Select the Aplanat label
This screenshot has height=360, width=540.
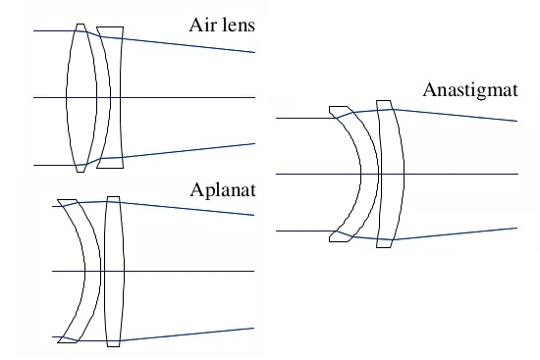point(223,190)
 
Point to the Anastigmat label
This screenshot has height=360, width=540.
point(470,91)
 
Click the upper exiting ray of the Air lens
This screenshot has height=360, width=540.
point(189,45)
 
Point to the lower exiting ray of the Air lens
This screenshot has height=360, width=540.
point(189,150)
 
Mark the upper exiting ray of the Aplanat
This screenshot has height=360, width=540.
point(187,209)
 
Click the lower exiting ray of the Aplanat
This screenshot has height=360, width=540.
point(187,334)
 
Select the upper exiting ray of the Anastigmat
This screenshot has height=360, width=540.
point(456,116)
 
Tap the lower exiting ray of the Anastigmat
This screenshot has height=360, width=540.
point(456,233)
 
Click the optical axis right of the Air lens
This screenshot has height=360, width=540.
point(188,98)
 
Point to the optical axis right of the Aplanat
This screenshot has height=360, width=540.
point(189,271)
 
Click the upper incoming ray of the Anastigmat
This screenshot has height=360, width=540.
point(306,118)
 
